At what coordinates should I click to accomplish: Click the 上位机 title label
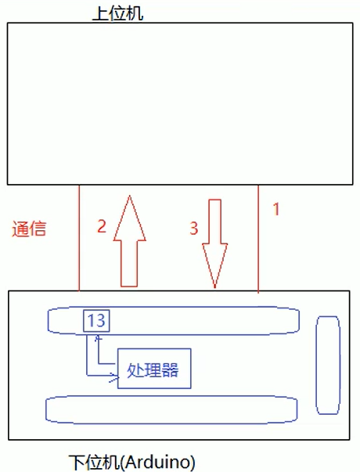pyautogui.click(x=117, y=13)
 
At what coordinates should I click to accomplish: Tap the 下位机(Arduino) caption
pyautogui.click(x=132, y=462)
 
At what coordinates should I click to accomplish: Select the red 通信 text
pyautogui.click(x=29, y=229)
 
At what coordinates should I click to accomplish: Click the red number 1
pyautogui.click(x=276, y=209)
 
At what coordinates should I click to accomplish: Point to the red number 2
pyautogui.click(x=102, y=225)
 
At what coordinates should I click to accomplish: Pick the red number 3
pyautogui.click(x=194, y=229)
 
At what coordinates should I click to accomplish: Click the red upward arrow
pyautogui.click(x=129, y=241)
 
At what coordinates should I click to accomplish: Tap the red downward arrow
pyautogui.click(x=215, y=243)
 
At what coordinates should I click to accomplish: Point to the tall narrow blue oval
pyautogui.click(x=316, y=365)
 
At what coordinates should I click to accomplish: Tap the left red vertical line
pyautogui.click(x=79, y=238)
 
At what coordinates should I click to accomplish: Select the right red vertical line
pyautogui.click(x=258, y=239)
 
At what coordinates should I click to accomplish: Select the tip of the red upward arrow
pyautogui.click(x=130, y=196)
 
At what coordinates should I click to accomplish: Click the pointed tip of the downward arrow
pyautogui.click(x=215, y=287)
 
